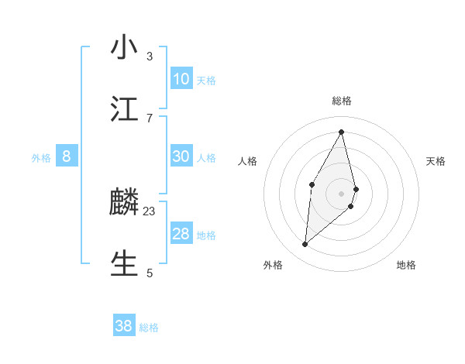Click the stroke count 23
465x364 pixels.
(x=150, y=211)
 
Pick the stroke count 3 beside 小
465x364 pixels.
(x=150, y=56)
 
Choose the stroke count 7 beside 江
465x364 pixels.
(x=150, y=118)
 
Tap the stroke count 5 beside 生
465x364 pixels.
(x=150, y=273)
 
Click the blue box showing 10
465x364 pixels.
(x=181, y=79)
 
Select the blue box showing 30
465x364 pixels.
(x=181, y=156)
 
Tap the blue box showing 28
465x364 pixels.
(x=181, y=234)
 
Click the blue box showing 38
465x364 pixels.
(x=124, y=326)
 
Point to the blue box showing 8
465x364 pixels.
(x=67, y=156)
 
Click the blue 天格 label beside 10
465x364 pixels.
(x=206, y=81)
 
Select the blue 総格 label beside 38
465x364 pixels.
(x=149, y=328)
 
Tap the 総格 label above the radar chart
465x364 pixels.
(x=342, y=101)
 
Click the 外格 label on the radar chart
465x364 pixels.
(x=273, y=266)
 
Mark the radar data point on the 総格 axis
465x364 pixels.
(x=342, y=132)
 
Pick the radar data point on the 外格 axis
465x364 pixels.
(x=305, y=245)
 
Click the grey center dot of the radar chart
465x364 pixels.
(x=342, y=192)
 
